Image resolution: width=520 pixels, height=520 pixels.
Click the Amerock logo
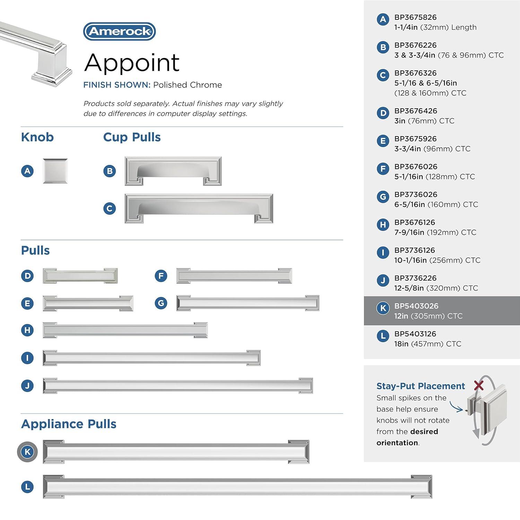(x=120, y=32)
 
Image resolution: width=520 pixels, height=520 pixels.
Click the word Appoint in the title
(x=132, y=63)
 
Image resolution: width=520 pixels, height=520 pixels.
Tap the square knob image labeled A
(x=55, y=171)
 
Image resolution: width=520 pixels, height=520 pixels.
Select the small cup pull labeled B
(x=173, y=171)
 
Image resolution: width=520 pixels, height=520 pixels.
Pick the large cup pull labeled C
(x=199, y=208)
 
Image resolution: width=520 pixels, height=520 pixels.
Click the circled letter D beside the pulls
(x=27, y=276)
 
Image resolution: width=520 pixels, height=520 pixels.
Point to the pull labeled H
(x=125, y=330)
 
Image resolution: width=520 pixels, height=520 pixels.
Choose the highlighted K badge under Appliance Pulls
(x=27, y=452)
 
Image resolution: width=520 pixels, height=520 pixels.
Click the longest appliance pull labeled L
(x=237, y=487)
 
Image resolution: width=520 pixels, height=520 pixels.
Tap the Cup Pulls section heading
(x=132, y=137)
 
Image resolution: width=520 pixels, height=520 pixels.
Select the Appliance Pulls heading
(x=69, y=424)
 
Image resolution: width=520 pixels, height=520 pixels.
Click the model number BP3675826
(x=415, y=17)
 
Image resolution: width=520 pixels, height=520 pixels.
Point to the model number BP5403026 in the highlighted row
(x=416, y=306)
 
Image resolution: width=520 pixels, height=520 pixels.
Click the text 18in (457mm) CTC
(x=427, y=344)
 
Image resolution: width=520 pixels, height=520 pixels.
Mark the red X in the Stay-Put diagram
(x=479, y=385)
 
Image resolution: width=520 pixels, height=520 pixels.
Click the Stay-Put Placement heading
(x=421, y=386)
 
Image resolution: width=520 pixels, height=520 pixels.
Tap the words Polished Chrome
(x=188, y=85)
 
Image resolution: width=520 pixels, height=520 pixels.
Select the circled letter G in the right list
(x=383, y=197)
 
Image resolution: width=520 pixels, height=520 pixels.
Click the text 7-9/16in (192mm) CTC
(x=435, y=232)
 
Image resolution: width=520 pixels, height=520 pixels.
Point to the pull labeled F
(x=234, y=276)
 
